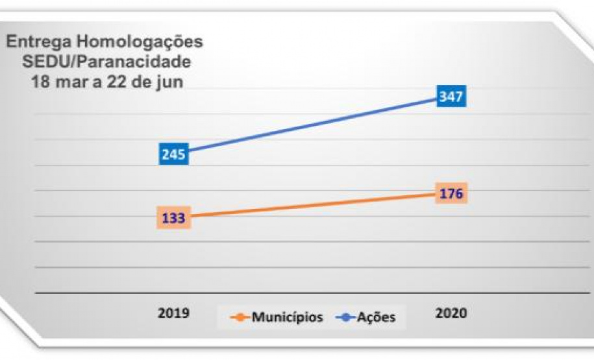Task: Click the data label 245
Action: coord(173,154)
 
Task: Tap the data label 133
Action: coord(173,218)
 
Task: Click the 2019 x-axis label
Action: coord(173,313)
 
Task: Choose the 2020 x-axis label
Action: coord(451,313)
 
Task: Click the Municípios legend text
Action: coord(287,318)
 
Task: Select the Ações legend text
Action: coord(377,318)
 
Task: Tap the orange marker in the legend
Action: coord(240,318)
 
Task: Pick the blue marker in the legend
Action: coord(345,318)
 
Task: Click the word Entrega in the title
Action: coord(36,43)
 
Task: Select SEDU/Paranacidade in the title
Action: coord(106,62)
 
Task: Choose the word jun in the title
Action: coord(170,83)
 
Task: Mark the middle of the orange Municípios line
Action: coord(312,206)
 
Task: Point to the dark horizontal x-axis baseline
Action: coord(312,293)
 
